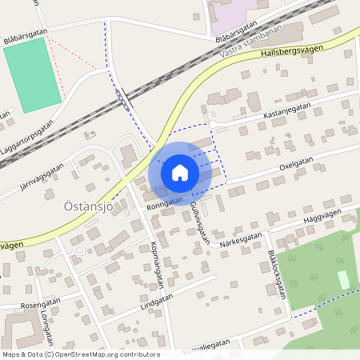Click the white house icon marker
180,172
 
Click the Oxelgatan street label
296,162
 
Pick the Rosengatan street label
42,305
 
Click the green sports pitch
32,74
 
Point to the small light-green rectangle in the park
344,280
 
